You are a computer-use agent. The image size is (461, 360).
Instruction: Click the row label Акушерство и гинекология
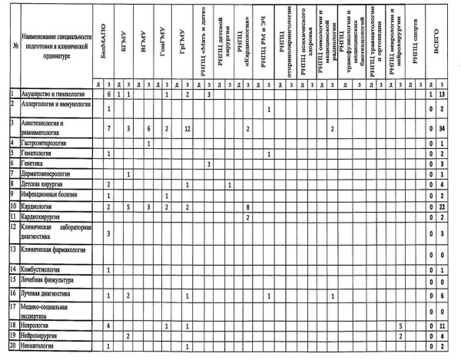pyautogui.click(x=53, y=94)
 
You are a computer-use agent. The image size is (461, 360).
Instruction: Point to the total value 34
pyautogui.click(x=445, y=127)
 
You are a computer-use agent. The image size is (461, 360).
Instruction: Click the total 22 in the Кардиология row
pyautogui.click(x=445, y=207)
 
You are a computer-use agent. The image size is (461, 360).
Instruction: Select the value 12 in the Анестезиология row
pyautogui.click(x=187, y=127)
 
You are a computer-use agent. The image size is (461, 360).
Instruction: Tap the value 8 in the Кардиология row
pyautogui.click(x=247, y=207)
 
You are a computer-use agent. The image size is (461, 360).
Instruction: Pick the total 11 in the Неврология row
pyautogui.click(x=445, y=325)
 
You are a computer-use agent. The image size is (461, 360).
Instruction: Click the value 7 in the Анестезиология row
pyautogui.click(x=108, y=127)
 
